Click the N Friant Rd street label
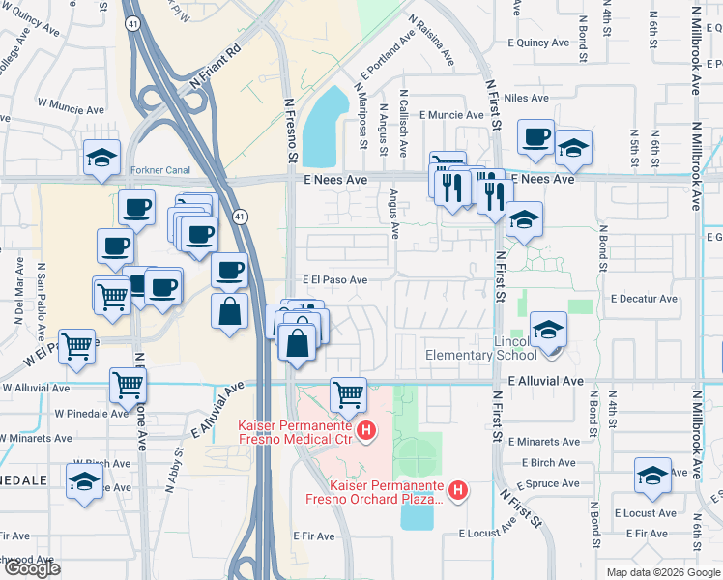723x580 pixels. click(x=215, y=67)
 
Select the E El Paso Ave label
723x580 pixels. click(x=334, y=279)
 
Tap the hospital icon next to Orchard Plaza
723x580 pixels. click(x=459, y=491)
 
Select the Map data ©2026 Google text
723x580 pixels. click(x=663, y=572)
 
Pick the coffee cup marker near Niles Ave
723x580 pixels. click(x=535, y=137)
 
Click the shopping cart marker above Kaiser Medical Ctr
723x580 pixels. click(x=348, y=393)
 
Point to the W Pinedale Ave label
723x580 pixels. click(x=90, y=413)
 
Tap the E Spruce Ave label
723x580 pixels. click(x=548, y=483)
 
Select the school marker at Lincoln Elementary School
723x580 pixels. click(x=548, y=331)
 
